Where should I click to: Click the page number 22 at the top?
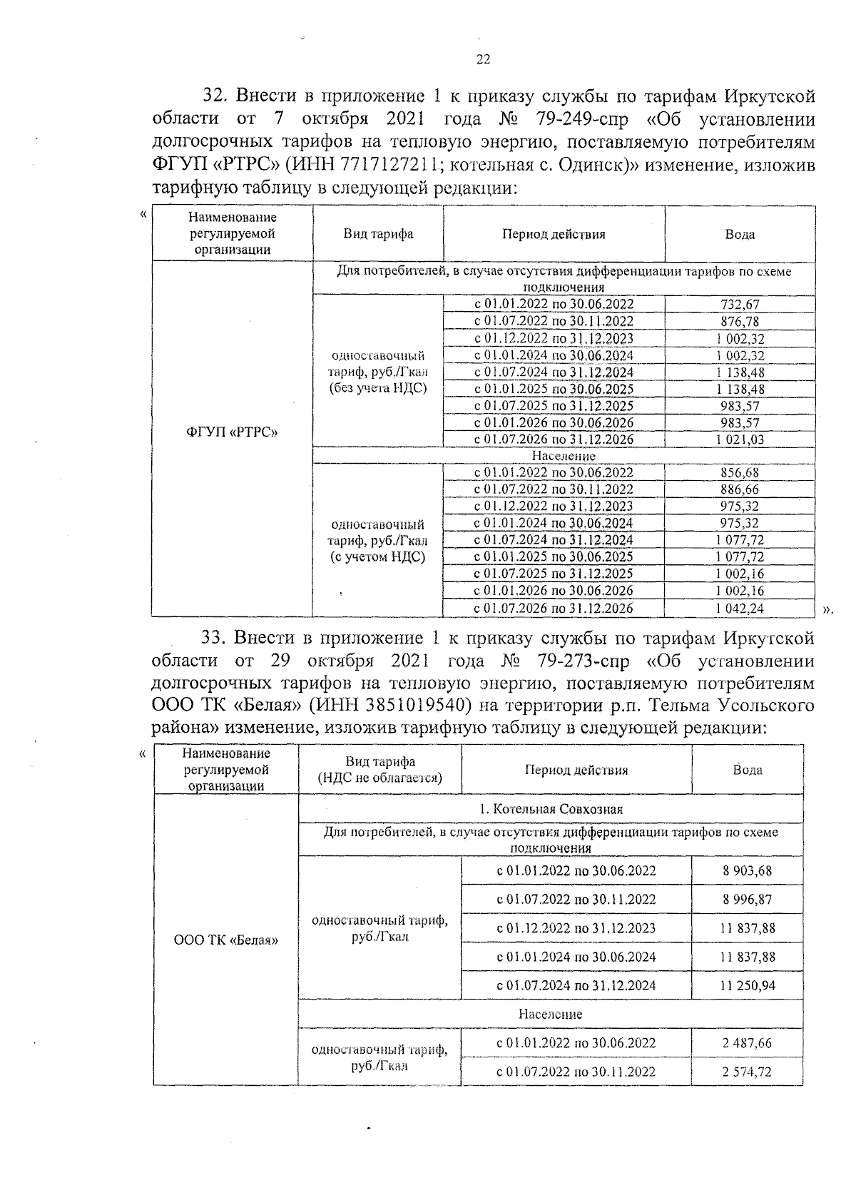pyautogui.click(x=483, y=60)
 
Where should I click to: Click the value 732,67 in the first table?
pyautogui.click(x=740, y=305)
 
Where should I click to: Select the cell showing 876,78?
pyautogui.click(x=740, y=322)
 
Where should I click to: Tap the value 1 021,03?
pyautogui.click(x=740, y=439)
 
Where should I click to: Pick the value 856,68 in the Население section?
pyautogui.click(x=740, y=472)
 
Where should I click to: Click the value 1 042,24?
pyautogui.click(x=740, y=609)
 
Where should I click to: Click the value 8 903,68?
pyautogui.click(x=747, y=870)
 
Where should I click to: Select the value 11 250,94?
pyautogui.click(x=747, y=985)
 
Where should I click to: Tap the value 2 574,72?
pyautogui.click(x=747, y=1072)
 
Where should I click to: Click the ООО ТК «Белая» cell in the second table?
pyautogui.click(x=226, y=940)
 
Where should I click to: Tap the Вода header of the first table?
pyautogui.click(x=740, y=234)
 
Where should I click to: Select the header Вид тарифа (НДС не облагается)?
pyautogui.click(x=379, y=770)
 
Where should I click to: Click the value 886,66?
pyautogui.click(x=740, y=489)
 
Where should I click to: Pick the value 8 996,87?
pyautogui.click(x=747, y=900)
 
